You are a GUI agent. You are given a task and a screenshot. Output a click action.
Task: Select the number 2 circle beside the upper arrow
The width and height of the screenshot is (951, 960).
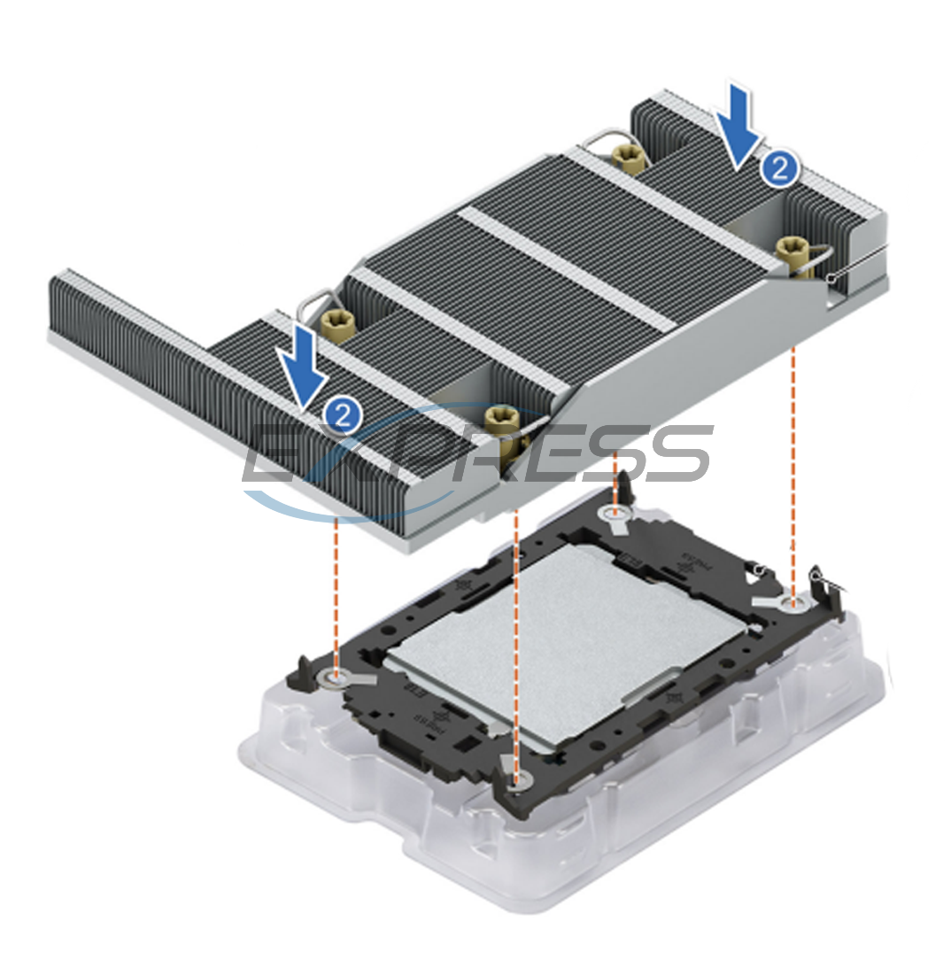click(779, 168)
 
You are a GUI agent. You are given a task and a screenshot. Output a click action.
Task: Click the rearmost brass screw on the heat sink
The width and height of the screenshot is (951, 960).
click(627, 157)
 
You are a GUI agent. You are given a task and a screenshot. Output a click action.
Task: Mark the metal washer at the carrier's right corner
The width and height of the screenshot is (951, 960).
click(793, 603)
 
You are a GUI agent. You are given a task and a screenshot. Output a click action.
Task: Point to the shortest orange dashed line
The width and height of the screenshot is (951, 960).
click(615, 479)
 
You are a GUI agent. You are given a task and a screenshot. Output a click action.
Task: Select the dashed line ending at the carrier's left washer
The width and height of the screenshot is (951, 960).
click(336, 593)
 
